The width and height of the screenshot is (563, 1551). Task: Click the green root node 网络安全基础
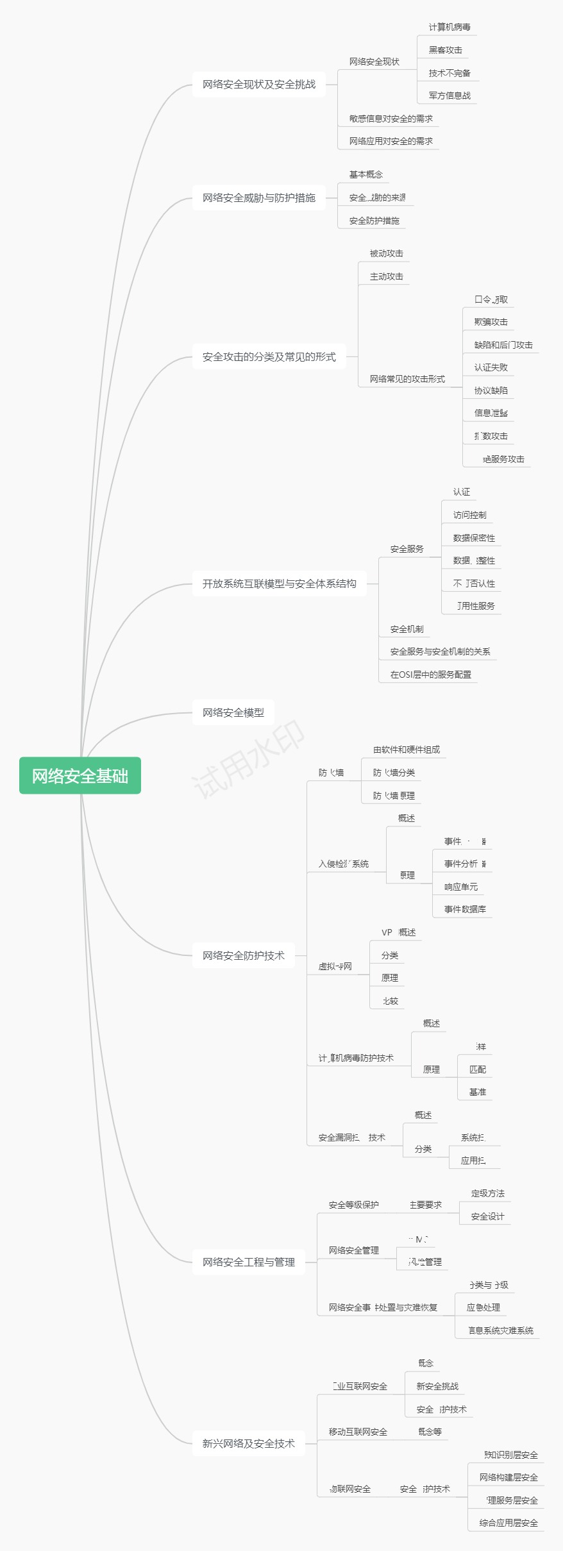[x=80, y=776]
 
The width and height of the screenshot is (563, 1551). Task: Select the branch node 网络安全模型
[x=233, y=712]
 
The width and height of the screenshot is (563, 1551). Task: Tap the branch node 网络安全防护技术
[x=244, y=955]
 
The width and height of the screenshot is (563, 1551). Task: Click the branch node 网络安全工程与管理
[x=249, y=1262]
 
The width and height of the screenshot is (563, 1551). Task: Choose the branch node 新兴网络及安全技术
[x=249, y=1443]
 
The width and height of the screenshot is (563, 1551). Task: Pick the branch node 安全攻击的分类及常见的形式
[x=269, y=356]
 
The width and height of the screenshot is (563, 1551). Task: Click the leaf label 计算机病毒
[x=450, y=27]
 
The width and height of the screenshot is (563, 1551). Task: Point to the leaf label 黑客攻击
[x=446, y=50]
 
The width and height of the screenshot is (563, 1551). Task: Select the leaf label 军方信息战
[x=450, y=96]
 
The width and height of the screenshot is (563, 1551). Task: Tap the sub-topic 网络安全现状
[x=374, y=62]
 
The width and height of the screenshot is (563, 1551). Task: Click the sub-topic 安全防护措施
[x=374, y=221]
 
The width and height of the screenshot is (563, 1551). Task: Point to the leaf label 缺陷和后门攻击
[x=503, y=345]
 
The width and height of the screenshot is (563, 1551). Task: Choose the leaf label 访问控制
[x=470, y=515]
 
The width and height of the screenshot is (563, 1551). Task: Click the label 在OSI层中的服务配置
[x=431, y=675]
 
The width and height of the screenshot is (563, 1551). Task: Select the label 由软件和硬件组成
[x=407, y=750]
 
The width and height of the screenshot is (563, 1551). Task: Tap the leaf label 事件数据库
[x=465, y=909]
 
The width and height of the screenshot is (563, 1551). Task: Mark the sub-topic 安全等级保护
[x=354, y=1205]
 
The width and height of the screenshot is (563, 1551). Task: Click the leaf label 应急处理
[x=483, y=1307]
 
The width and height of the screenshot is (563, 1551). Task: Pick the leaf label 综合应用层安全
[x=508, y=1523]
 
